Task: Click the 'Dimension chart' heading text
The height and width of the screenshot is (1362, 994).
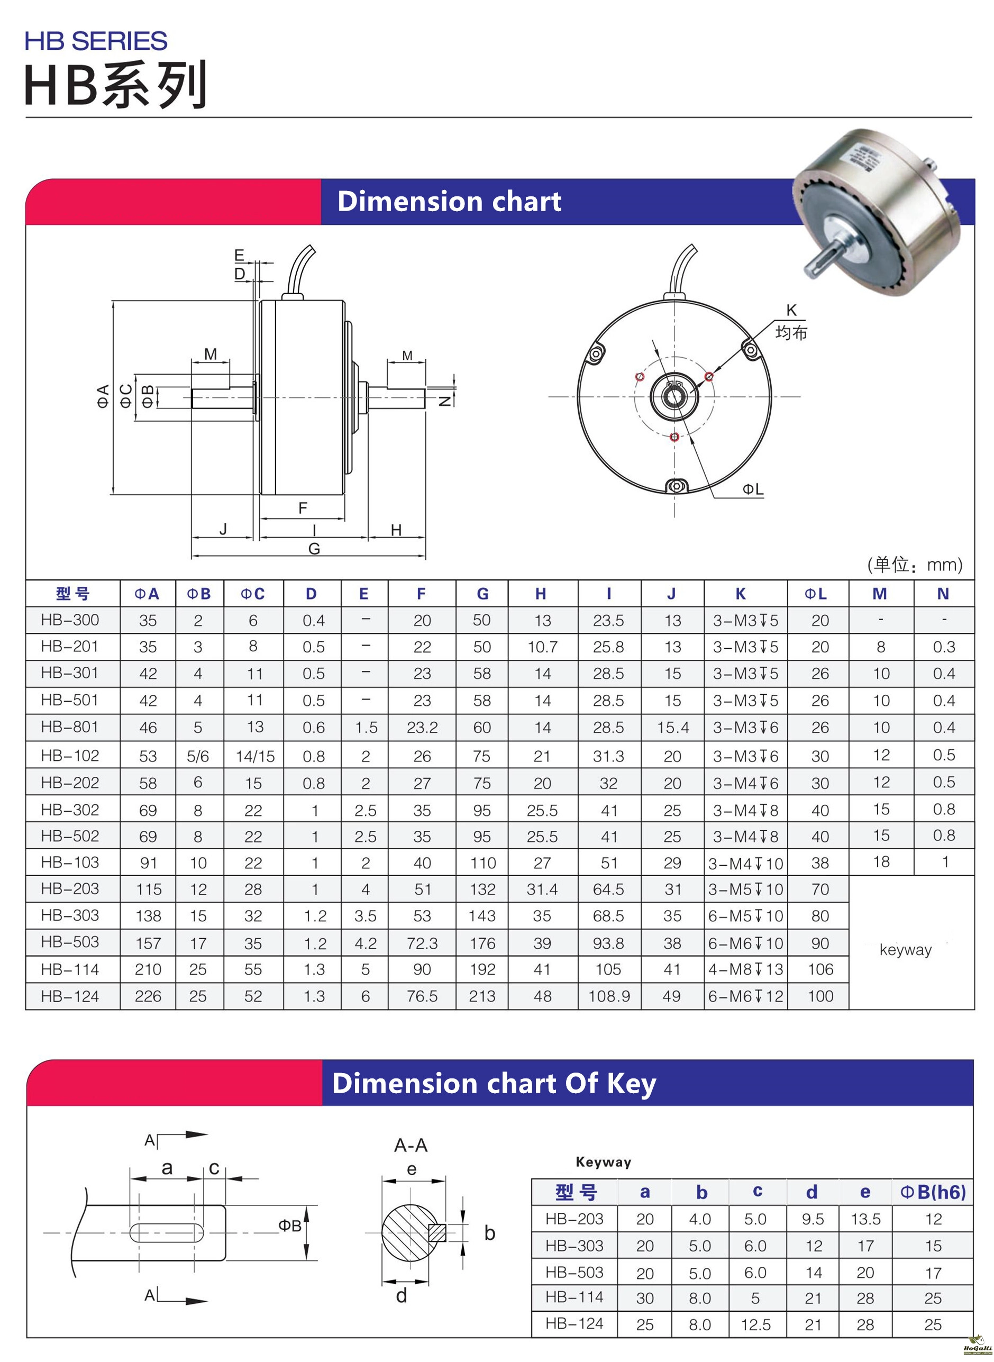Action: coord(449,201)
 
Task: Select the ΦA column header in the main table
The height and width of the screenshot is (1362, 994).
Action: coord(147,594)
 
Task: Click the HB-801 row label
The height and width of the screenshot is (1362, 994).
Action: coord(70,727)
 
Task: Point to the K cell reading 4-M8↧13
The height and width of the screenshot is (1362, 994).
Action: coord(745,969)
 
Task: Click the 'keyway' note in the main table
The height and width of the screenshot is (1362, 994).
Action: coord(906,950)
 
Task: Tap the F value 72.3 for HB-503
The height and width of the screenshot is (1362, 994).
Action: coord(422,943)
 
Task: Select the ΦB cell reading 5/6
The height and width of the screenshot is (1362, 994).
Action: coord(198,757)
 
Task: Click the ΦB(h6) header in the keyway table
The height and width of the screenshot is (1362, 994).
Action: coord(933,1192)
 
